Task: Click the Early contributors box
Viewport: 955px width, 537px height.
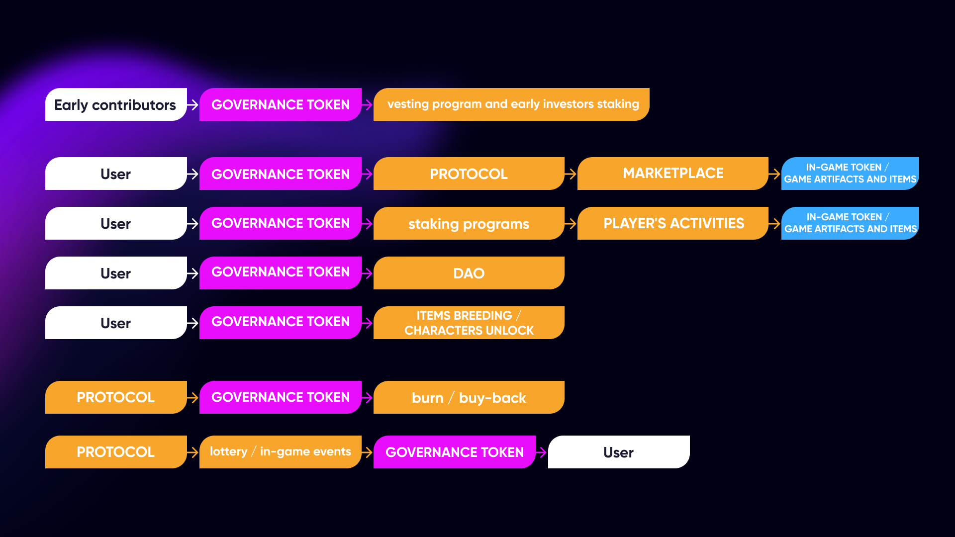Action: coord(115,104)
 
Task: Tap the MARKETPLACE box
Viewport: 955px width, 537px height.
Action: coord(672,174)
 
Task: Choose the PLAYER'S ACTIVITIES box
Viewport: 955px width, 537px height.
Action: coord(672,223)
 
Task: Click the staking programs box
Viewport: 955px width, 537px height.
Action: coord(469,223)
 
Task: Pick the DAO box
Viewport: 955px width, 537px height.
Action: coord(469,273)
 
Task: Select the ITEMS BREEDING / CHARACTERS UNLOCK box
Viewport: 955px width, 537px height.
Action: coord(469,323)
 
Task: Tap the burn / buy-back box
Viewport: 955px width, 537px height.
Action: coord(469,397)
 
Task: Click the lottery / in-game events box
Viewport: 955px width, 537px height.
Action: coord(280,452)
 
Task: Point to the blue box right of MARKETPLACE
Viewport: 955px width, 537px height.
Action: coord(850,174)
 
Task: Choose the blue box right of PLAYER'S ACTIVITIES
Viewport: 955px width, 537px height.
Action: coord(850,223)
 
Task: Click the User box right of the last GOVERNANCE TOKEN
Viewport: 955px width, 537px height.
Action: coord(618,452)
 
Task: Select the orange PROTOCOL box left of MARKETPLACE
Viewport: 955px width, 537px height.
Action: coord(469,174)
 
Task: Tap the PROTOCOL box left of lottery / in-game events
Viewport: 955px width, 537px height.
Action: coord(115,452)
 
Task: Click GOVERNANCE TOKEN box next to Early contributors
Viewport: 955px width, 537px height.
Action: coord(280,104)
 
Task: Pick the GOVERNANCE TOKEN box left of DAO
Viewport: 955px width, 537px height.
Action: coord(280,273)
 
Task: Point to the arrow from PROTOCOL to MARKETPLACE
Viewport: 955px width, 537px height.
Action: coord(571,174)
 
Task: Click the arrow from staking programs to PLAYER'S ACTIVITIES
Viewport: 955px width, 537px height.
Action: coord(571,224)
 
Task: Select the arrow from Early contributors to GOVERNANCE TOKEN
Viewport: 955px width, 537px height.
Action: coord(192,105)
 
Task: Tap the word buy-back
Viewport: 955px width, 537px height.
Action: coord(492,398)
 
